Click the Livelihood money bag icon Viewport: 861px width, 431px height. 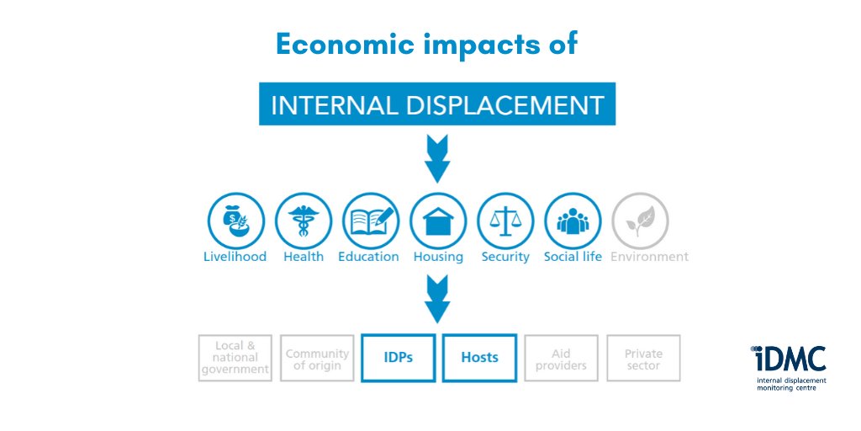pos(235,221)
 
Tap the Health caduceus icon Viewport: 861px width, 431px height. pos(303,221)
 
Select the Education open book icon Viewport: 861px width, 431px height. pos(371,221)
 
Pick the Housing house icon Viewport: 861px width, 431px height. pos(437,221)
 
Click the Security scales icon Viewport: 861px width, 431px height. pos(505,221)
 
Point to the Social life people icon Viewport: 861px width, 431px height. pos(573,221)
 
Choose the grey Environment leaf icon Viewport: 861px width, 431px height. pos(640,221)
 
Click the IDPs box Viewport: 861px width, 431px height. pos(398,358)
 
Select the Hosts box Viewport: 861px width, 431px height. pos(479,358)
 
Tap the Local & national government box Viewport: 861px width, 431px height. pos(235,358)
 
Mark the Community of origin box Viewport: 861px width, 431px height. pos(317,358)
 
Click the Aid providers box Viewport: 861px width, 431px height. pos(561,358)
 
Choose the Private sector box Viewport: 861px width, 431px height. pos(643,358)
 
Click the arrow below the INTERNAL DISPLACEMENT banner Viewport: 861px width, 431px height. pos(437,161)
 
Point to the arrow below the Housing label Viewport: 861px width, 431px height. pos(437,301)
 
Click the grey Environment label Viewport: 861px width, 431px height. pos(649,257)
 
